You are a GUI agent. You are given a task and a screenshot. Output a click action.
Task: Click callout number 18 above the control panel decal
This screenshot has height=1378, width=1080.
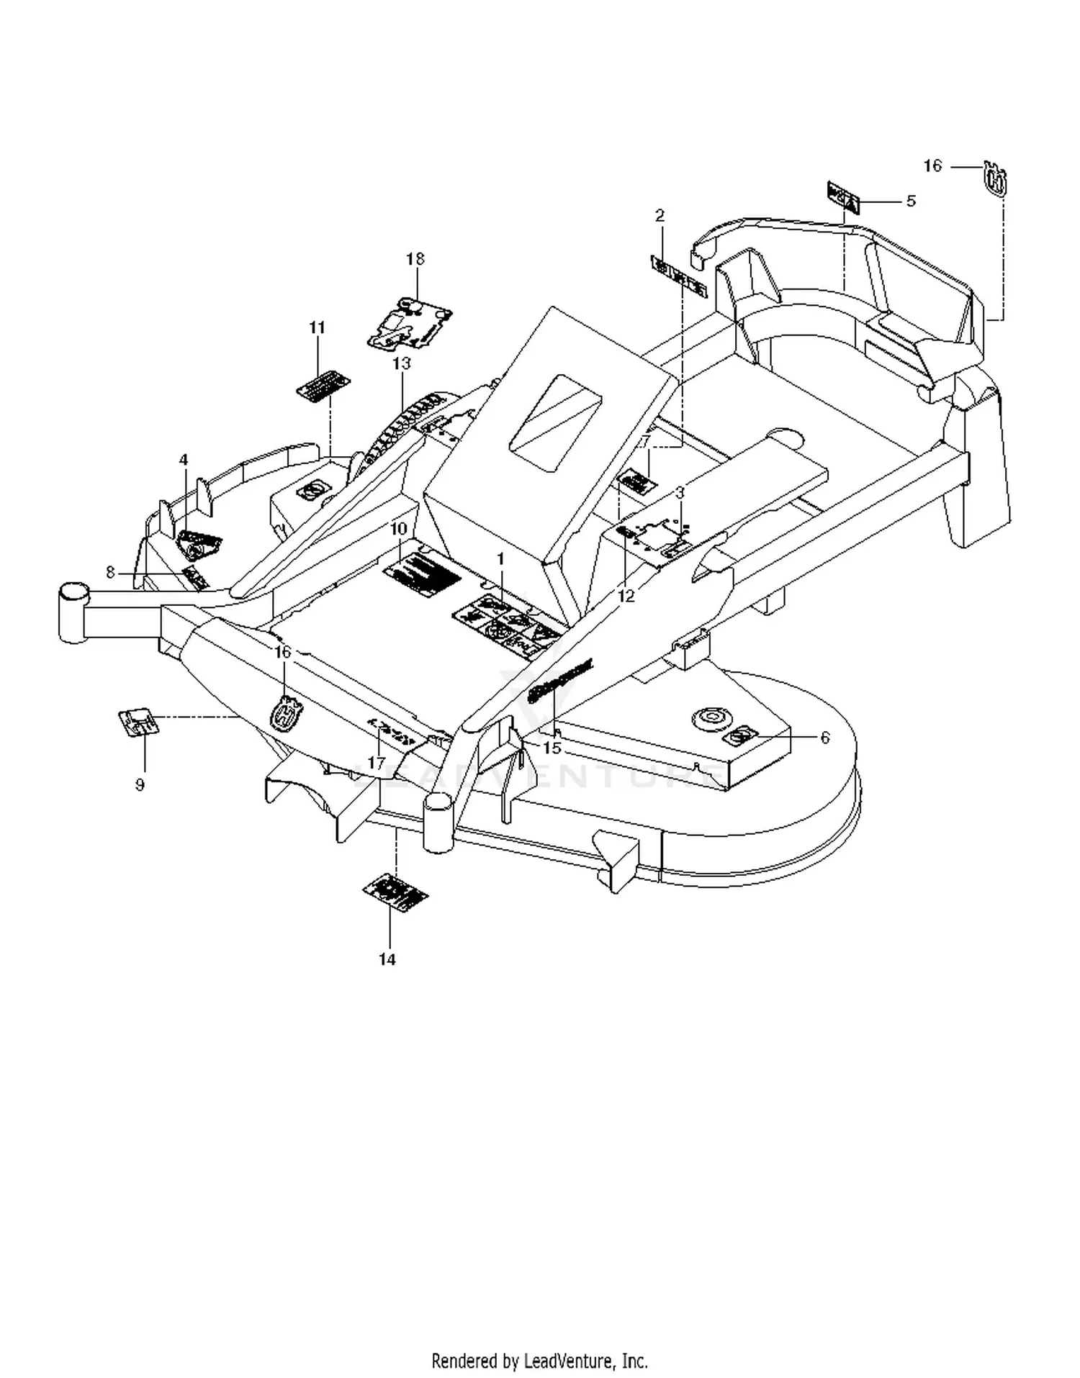coord(415,259)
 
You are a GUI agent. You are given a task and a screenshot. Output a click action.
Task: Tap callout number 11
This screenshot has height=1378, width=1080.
coord(317,327)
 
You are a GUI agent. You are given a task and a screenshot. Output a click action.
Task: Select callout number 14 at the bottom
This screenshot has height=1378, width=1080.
coord(387,959)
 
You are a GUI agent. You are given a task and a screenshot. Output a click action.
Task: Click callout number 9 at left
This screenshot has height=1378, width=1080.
coord(140,784)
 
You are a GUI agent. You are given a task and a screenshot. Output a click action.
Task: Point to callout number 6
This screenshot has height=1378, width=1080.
coord(825,738)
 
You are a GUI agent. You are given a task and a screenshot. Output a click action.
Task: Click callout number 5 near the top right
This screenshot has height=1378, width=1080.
coord(911,201)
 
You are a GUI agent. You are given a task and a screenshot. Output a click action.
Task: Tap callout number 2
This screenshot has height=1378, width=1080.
coord(660,215)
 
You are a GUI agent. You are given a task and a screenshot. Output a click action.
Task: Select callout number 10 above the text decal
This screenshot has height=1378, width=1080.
coord(398,529)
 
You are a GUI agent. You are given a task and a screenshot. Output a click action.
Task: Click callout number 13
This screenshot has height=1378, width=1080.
coord(401,363)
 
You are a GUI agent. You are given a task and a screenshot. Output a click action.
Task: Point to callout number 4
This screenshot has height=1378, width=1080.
coord(184,460)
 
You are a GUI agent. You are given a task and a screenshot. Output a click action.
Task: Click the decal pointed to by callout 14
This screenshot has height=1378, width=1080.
coord(395,893)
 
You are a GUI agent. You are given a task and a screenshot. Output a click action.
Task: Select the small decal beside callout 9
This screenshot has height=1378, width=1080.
coord(138,721)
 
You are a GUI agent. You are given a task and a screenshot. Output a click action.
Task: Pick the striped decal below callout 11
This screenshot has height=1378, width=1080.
coord(324,386)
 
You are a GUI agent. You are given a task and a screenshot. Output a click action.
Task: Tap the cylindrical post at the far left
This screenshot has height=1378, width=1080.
coord(73,612)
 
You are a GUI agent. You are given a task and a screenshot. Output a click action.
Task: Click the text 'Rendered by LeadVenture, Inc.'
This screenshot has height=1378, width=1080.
coord(539,1361)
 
